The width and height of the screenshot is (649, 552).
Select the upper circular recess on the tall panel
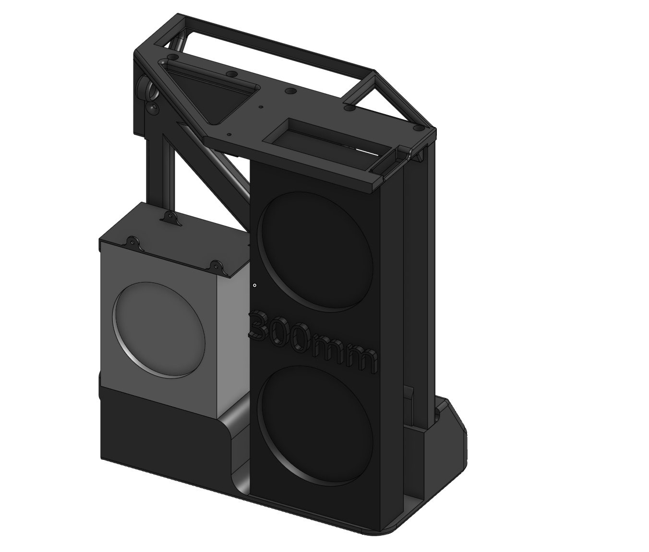point(315,249)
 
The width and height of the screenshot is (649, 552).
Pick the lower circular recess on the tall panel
point(315,422)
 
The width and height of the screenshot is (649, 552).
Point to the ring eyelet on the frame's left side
point(145,88)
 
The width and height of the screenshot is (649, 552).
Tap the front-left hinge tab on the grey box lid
point(132,242)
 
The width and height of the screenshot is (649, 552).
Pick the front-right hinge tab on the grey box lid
point(216,266)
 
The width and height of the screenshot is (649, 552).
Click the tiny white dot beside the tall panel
point(255,285)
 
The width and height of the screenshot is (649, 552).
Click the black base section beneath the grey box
point(158,427)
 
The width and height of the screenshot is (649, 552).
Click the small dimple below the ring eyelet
point(153,108)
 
